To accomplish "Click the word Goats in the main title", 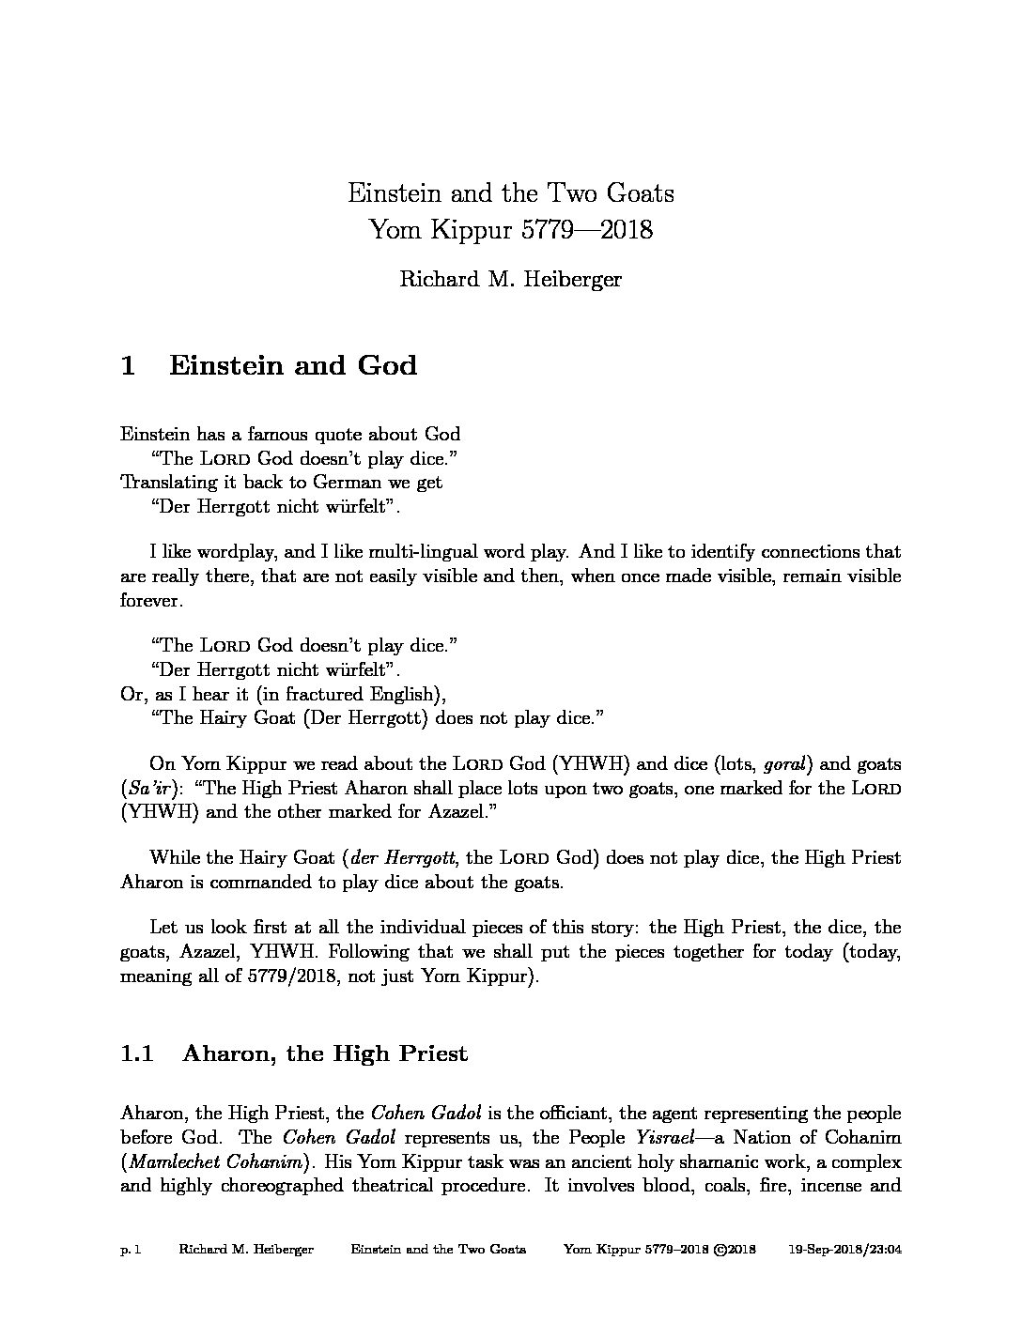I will coord(638,193).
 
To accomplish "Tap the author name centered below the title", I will coord(510,279).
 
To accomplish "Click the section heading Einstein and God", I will coord(293,364).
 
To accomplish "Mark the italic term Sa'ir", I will coord(154,789).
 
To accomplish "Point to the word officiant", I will coord(555,1114).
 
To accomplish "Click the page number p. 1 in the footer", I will coord(131,1250).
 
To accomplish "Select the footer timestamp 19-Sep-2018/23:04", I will coord(844,1250).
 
